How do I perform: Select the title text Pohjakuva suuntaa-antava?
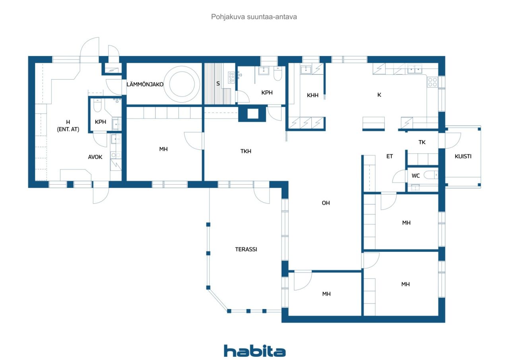(x=254, y=17)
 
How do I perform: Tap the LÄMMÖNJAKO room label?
(x=145, y=84)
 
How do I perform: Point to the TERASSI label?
(x=246, y=249)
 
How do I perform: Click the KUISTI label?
(x=463, y=156)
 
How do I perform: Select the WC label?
(x=416, y=176)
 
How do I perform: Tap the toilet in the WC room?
(x=431, y=175)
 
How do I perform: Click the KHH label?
(x=313, y=95)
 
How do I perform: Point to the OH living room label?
(x=326, y=203)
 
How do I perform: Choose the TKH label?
(x=246, y=151)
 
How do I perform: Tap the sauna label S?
(x=218, y=84)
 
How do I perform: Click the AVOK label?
(x=95, y=157)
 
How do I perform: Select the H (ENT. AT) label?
(x=68, y=126)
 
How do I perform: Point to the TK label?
(x=422, y=142)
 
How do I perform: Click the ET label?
(x=389, y=156)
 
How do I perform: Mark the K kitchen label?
(x=379, y=95)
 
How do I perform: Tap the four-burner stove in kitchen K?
(x=432, y=82)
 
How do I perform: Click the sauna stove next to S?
(x=231, y=77)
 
